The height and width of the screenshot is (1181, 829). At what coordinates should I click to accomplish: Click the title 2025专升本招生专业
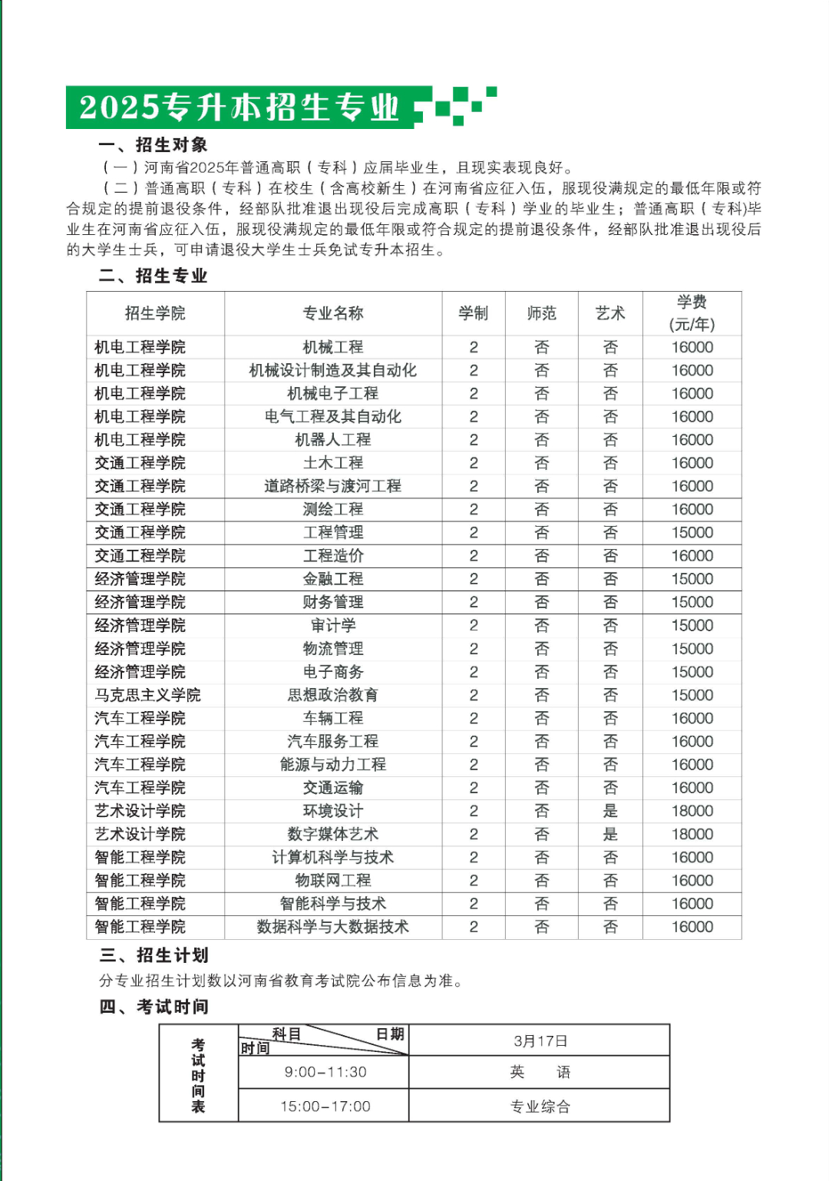239,107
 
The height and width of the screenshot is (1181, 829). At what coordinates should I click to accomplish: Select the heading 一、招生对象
153,145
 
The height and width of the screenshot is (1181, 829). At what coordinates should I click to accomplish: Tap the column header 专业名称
333,313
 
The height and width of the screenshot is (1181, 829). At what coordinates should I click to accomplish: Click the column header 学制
474,313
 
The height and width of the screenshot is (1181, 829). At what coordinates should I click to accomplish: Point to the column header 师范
541,313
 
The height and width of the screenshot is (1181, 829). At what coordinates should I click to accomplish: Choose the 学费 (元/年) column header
692,313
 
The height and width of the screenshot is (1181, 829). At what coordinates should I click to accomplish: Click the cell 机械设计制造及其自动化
333,370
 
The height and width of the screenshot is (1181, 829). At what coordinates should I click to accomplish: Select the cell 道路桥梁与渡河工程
333,486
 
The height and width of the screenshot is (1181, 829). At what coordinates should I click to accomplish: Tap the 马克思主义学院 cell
148,695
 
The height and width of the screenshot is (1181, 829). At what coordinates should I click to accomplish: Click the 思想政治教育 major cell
333,695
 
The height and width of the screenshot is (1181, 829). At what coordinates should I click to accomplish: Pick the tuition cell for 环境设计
692,811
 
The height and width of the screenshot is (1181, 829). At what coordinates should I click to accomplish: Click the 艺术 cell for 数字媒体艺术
610,834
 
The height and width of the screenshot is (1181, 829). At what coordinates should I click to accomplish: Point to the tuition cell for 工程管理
692,532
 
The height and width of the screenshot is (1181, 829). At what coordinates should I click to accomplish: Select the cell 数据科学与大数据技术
333,927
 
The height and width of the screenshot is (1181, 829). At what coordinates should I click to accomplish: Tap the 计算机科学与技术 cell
333,857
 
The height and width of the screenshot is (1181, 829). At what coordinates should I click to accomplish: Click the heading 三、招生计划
154,955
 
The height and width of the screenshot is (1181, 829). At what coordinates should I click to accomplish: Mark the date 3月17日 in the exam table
540,1041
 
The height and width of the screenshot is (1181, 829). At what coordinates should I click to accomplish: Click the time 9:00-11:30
325,1072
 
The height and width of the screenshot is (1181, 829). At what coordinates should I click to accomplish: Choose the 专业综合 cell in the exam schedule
540,1107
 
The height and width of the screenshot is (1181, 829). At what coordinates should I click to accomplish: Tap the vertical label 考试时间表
198,1075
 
